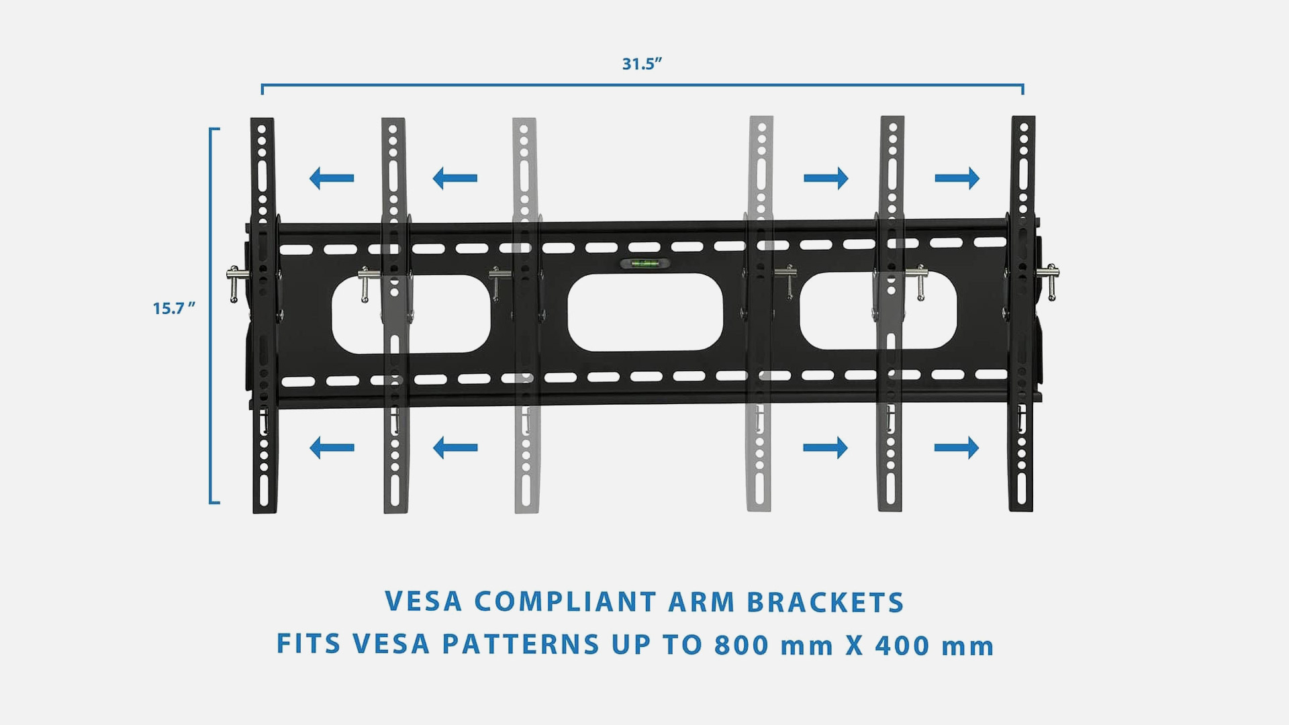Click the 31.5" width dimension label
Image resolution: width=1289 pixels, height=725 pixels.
(x=642, y=64)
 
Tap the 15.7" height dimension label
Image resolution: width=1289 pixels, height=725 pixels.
(x=174, y=309)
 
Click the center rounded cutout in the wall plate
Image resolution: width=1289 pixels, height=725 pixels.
(x=645, y=312)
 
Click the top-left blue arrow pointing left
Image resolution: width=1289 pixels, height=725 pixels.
(x=332, y=178)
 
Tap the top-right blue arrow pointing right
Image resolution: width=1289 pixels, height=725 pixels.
(x=957, y=178)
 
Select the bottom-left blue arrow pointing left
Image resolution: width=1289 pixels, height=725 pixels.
(x=332, y=447)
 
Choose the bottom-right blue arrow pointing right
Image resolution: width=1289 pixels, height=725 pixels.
(x=957, y=447)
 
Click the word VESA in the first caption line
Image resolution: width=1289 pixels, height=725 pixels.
(x=424, y=602)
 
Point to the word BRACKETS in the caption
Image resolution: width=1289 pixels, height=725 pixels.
(x=826, y=603)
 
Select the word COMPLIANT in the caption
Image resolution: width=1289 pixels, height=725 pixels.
(x=565, y=602)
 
